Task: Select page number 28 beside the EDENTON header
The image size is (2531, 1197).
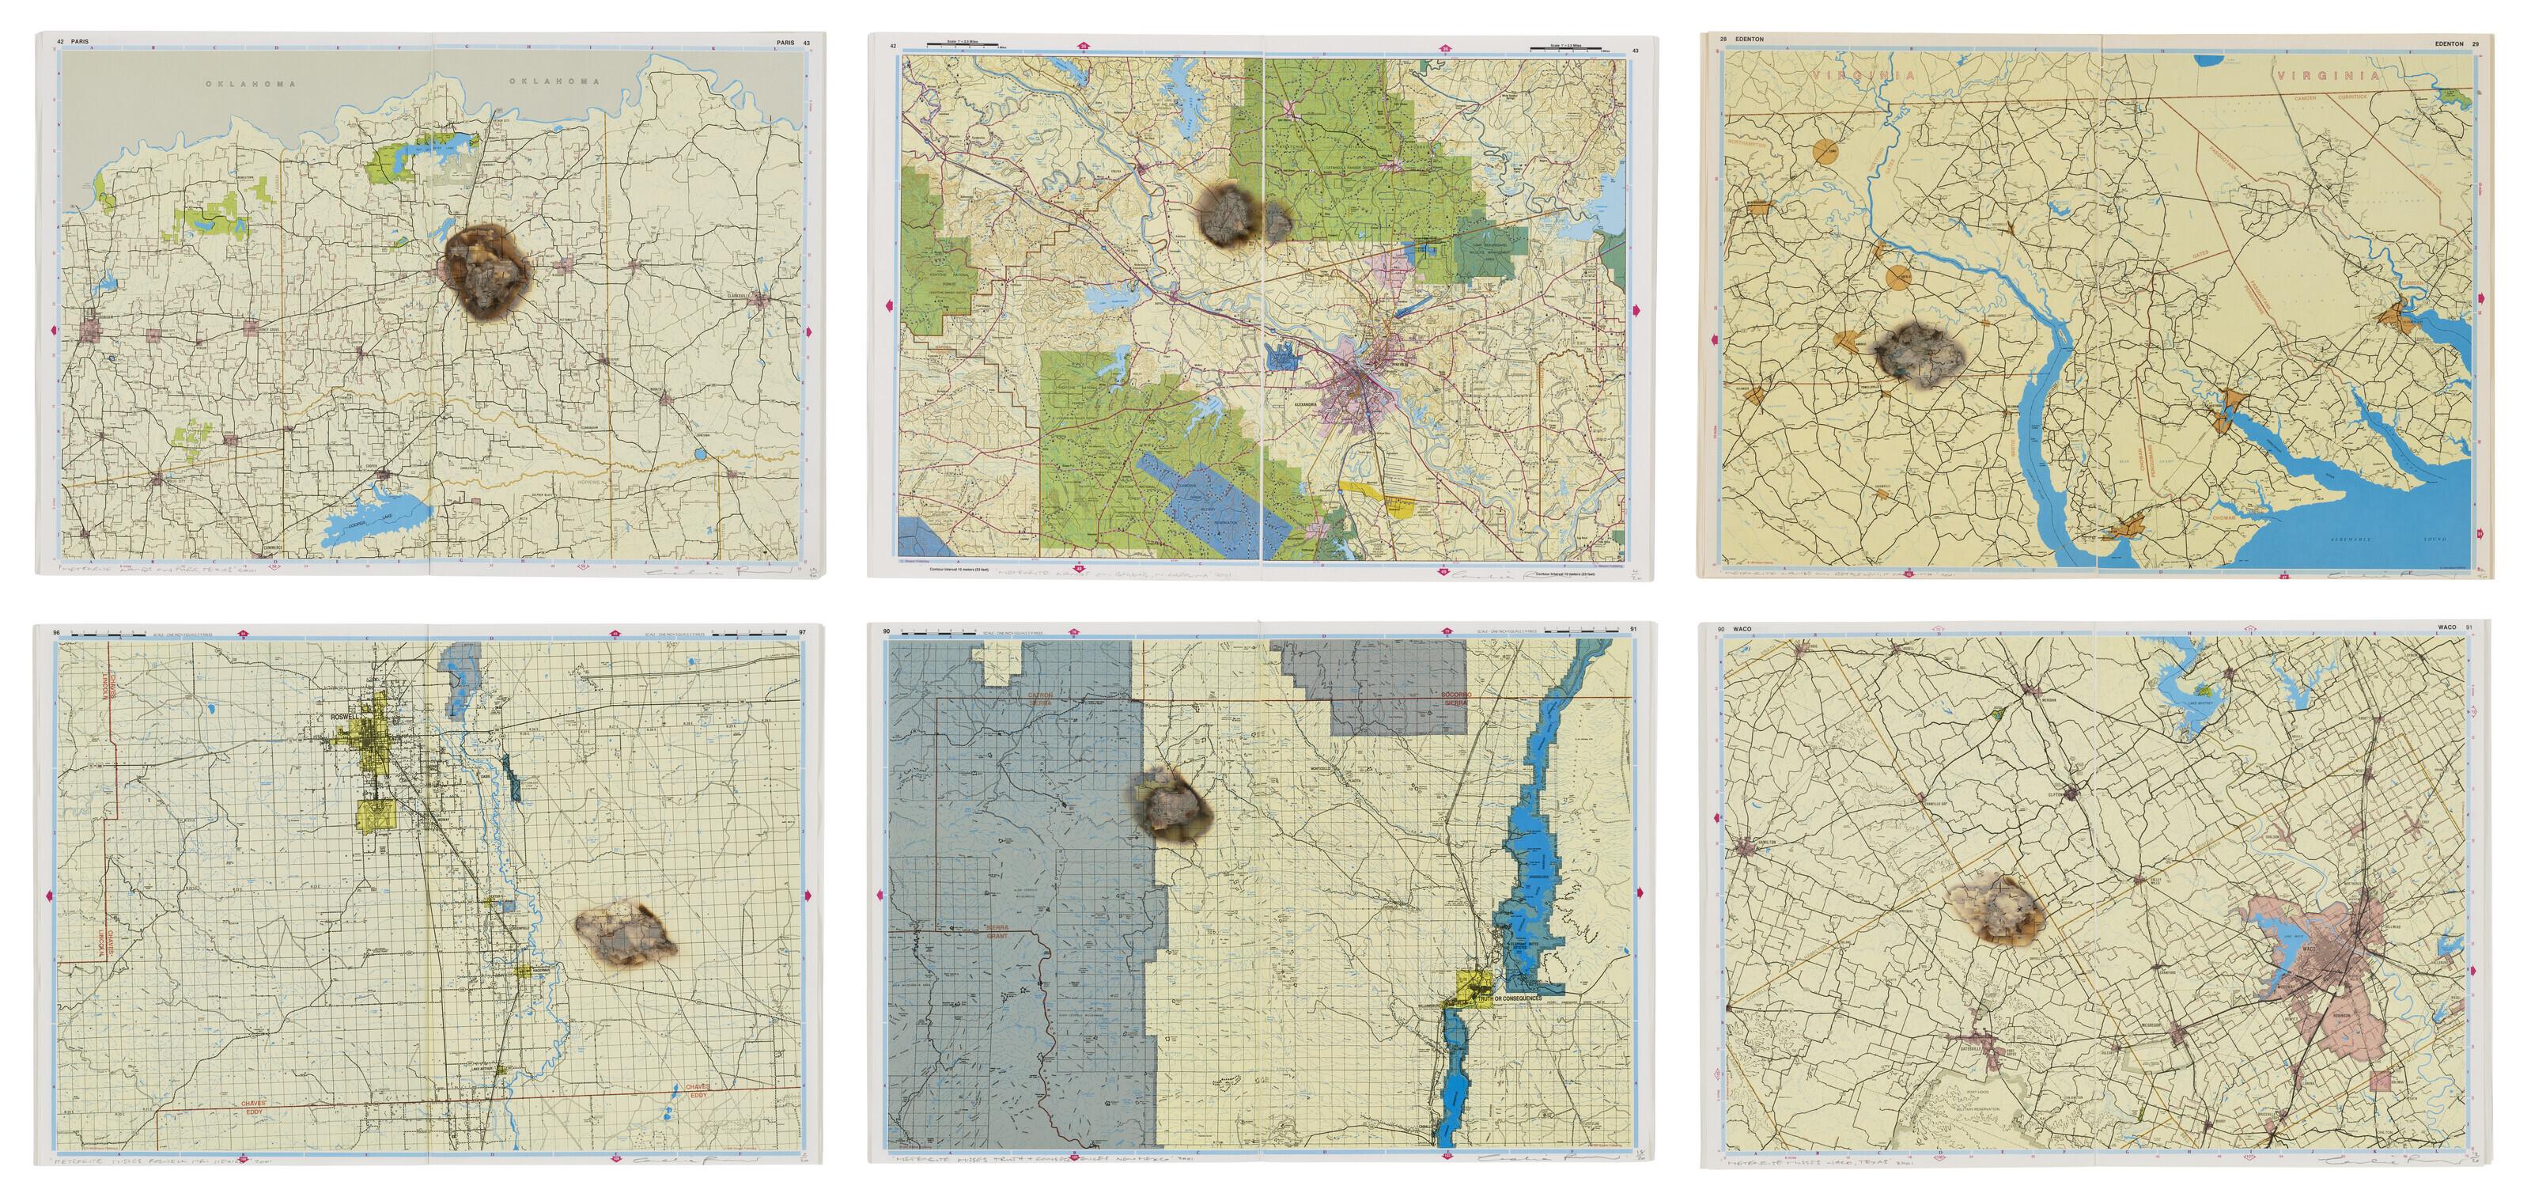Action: tap(1723, 40)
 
